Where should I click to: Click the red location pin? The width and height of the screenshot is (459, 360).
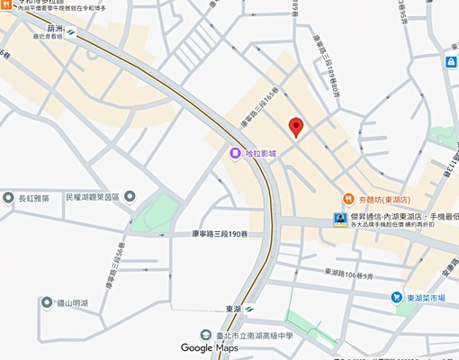(295, 126)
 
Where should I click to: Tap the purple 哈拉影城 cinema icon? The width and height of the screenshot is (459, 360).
(235, 153)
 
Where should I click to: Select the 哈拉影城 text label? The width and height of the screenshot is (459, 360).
(261, 154)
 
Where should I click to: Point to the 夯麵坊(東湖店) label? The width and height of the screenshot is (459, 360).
(384, 199)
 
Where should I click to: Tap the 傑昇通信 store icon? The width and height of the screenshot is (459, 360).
(339, 219)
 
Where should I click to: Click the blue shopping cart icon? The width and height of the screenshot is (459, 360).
(396, 297)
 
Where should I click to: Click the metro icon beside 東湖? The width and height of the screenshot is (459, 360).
(249, 310)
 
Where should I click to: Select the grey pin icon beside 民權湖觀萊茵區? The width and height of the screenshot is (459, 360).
(130, 196)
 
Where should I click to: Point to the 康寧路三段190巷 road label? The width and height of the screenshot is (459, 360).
(220, 234)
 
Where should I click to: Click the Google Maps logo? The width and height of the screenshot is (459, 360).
(209, 347)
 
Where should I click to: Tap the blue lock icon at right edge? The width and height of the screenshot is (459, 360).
(451, 62)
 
